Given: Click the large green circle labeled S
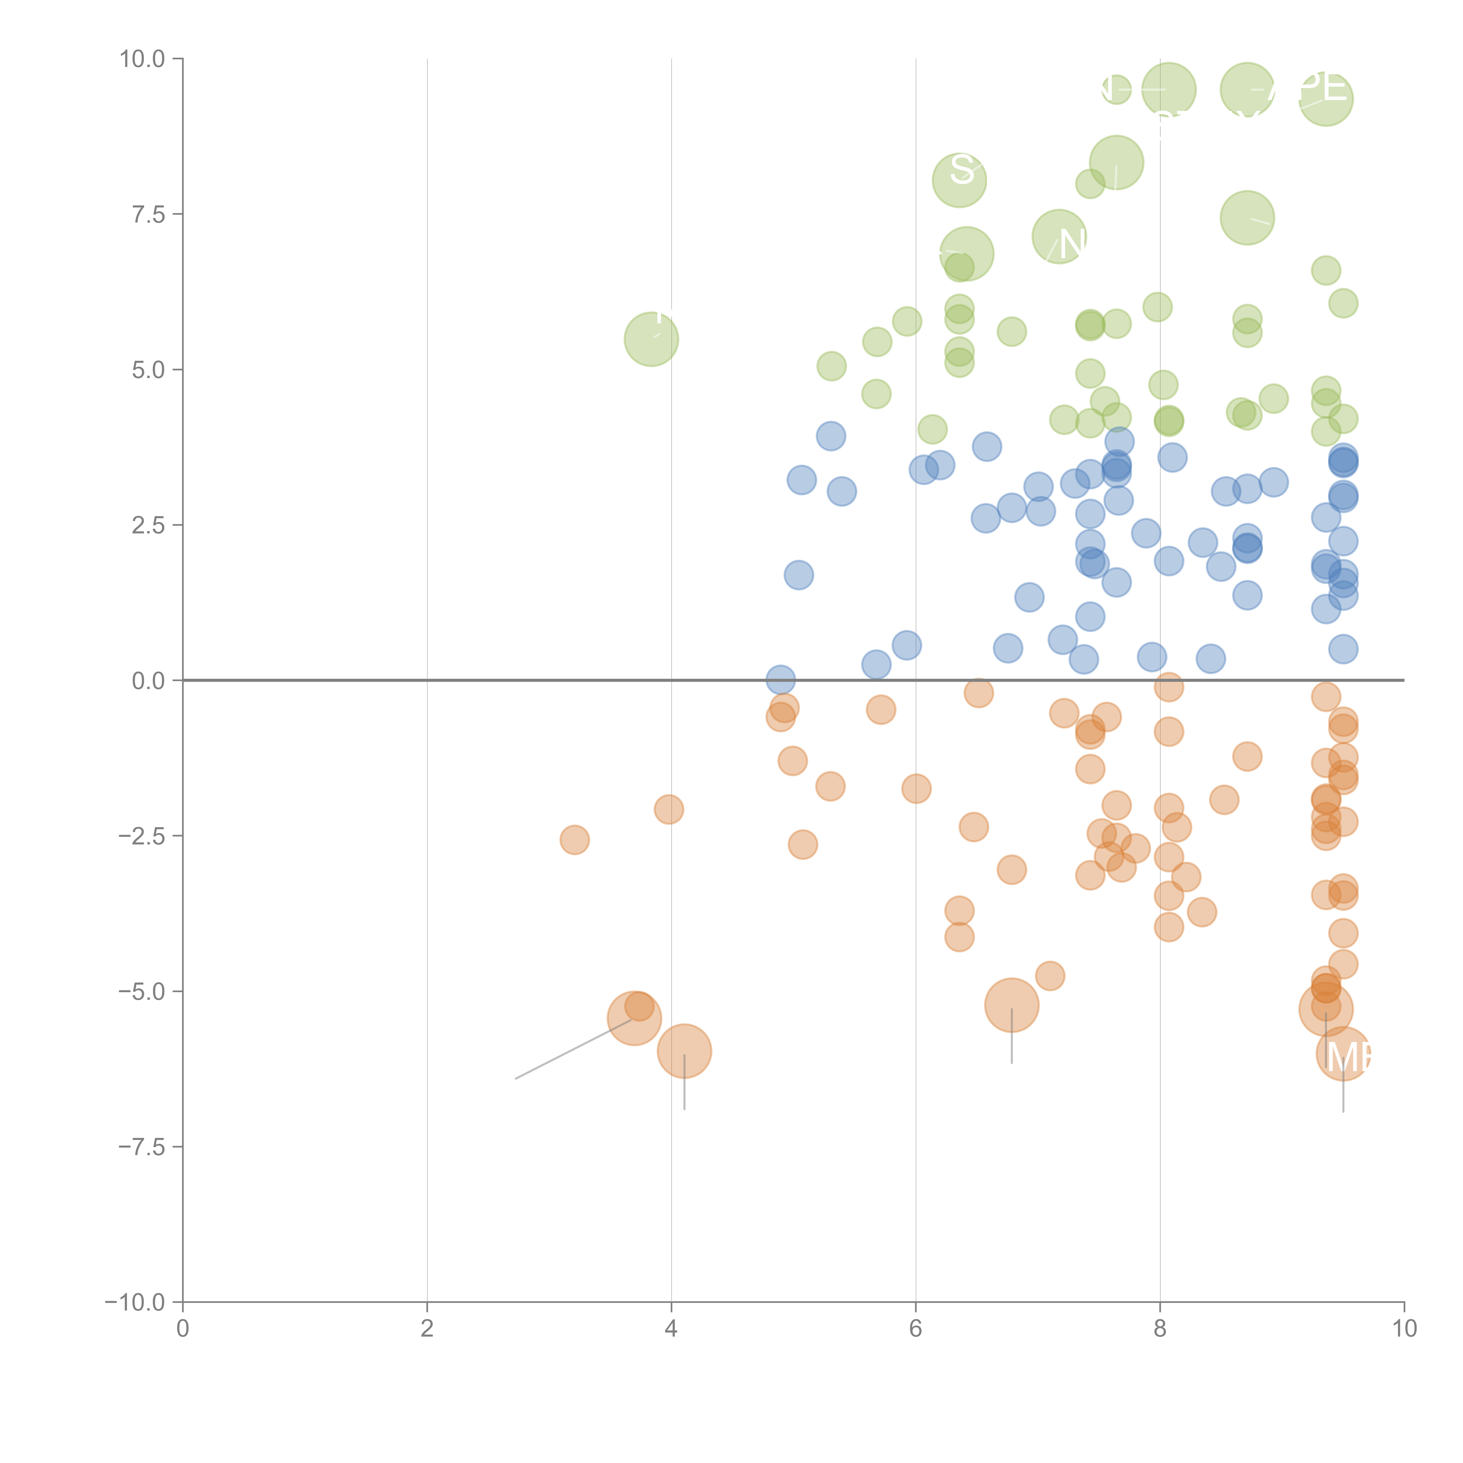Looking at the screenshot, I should point(959,179).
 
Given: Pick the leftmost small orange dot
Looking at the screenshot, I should point(575,840).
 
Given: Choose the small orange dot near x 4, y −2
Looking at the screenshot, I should point(669,810).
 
